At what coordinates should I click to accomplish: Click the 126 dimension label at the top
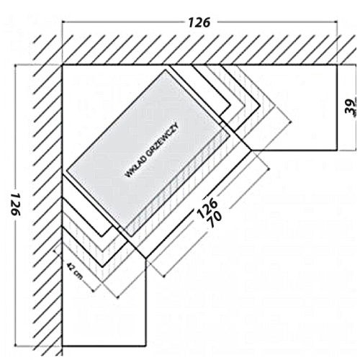199,22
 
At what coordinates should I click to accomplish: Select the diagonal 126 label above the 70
207,206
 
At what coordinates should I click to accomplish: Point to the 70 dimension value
215,220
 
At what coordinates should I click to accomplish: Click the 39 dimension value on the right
351,107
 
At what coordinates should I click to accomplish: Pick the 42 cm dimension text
74,271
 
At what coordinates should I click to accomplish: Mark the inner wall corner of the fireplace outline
63,65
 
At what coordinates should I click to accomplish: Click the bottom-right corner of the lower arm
145,346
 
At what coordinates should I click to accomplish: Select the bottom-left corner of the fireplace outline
63,346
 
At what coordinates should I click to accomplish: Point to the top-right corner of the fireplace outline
337,65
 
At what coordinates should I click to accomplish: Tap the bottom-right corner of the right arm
337,150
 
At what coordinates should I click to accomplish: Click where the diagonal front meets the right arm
251,150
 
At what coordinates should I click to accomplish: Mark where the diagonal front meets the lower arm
145,258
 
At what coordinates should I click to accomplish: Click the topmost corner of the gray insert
166,70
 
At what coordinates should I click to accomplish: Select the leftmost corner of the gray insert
66,171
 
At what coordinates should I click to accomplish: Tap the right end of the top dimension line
337,22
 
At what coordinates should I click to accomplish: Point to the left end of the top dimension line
63,22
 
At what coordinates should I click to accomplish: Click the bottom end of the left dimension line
16,346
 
